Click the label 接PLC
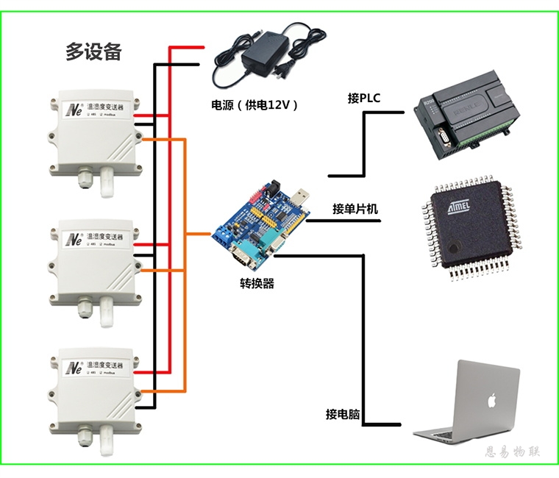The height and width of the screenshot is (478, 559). [364, 99]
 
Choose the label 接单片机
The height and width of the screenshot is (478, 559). [355, 209]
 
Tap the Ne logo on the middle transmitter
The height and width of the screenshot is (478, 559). [74, 238]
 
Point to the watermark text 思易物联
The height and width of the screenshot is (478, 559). [513, 452]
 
